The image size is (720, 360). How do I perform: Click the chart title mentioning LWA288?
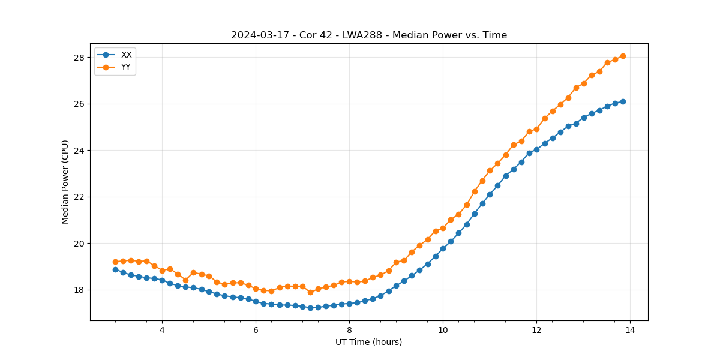pos(369,35)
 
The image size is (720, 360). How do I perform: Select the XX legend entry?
pos(126,55)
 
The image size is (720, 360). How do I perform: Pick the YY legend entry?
pos(126,67)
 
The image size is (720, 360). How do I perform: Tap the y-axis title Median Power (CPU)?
pos(65,182)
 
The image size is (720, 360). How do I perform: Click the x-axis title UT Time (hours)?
pos(368,342)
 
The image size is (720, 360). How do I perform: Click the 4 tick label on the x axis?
pos(162,331)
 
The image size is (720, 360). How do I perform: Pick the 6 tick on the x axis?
pos(256,331)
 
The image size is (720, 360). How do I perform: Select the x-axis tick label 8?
pos(349,331)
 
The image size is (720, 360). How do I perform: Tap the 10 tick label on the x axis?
pos(443,331)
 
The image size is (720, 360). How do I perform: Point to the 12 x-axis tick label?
pos(536,331)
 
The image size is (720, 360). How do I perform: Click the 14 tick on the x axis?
pos(630,331)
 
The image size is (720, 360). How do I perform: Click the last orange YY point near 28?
pos(623,56)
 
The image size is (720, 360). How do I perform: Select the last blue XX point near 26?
pos(623,101)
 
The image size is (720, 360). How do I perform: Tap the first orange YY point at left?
pos(115,262)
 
